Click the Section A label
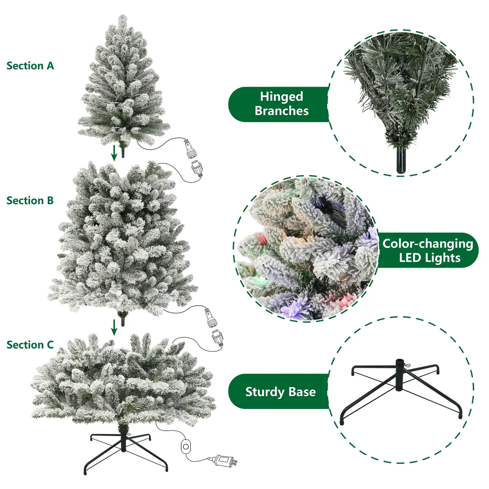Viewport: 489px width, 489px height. click(30, 66)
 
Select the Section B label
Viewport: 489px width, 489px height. click(30, 200)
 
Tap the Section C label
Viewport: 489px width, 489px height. click(30, 345)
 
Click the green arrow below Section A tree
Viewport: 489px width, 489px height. click(114, 153)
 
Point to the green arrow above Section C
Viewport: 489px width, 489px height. click(114, 327)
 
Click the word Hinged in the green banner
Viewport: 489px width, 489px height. click(282, 97)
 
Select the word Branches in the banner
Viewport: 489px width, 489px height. click(282, 111)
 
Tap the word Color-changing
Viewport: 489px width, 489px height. click(427, 244)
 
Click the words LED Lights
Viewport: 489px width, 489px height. click(430, 258)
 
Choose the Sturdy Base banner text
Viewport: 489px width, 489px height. click(280, 392)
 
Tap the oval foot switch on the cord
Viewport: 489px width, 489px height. click(185, 446)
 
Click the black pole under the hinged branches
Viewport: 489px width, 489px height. click(401, 160)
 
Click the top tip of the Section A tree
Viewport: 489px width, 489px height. click(123, 15)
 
